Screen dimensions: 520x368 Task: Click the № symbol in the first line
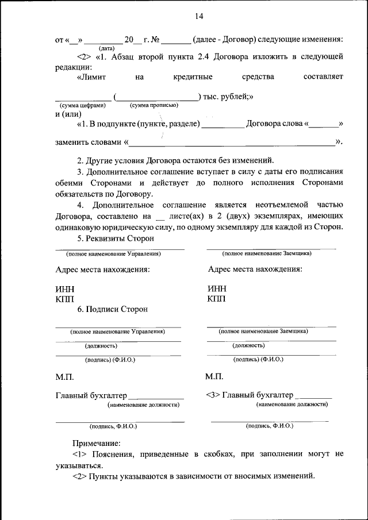155,40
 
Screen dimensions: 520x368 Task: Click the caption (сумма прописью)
154,105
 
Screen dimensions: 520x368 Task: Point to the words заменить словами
88,142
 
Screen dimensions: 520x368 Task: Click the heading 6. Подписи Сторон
113,309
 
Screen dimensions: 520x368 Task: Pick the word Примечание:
96,443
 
